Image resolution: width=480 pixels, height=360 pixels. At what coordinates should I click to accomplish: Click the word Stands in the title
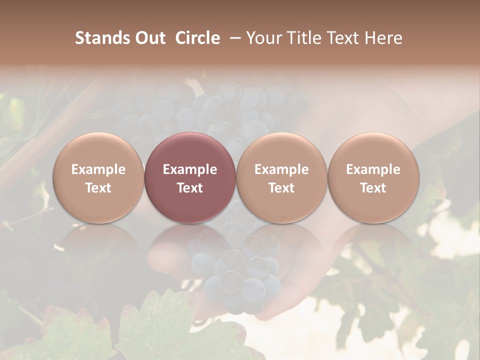coord(102,38)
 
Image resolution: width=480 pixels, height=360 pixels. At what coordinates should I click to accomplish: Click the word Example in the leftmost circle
coord(98,169)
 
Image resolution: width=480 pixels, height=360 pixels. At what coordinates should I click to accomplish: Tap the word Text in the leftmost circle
coord(98,188)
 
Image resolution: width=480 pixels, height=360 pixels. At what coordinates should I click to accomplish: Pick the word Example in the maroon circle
coord(190,169)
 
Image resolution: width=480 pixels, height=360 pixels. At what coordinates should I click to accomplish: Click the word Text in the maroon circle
coord(190,188)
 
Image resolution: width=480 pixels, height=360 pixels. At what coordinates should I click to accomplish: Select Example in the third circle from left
coord(281,169)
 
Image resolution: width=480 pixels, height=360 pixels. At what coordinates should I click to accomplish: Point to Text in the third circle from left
coord(281,188)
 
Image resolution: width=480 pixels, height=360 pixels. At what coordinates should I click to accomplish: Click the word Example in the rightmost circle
coord(373,169)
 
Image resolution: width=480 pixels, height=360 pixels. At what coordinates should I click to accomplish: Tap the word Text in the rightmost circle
coord(373,188)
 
